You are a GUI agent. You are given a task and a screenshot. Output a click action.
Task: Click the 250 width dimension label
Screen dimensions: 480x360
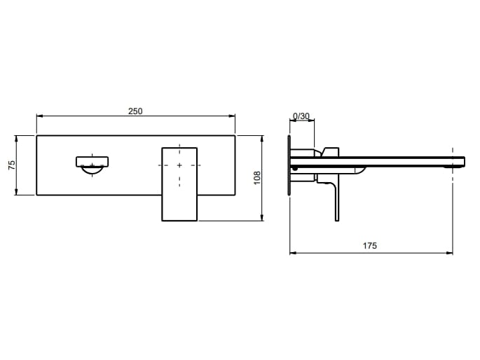pyautogui.click(x=135, y=111)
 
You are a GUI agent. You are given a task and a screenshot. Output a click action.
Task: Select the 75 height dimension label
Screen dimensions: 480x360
pyautogui.click(x=11, y=165)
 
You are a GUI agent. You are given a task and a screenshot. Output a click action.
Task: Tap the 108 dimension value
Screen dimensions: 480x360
pyautogui.click(x=257, y=177)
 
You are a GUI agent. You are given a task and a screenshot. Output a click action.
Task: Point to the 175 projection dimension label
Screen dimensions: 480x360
pyautogui.click(x=370, y=246)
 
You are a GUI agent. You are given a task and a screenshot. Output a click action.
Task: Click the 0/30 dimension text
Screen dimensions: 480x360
pyautogui.click(x=301, y=116)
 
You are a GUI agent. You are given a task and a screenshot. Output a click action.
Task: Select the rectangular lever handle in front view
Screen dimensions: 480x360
pyautogui.click(x=179, y=184)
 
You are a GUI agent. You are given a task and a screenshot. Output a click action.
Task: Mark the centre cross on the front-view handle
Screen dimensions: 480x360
pyautogui.click(x=179, y=165)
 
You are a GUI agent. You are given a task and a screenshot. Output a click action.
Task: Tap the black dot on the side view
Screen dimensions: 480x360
pyautogui.click(x=295, y=168)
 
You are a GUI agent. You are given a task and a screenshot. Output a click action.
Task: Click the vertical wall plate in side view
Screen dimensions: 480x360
pyautogui.click(x=289, y=165)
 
